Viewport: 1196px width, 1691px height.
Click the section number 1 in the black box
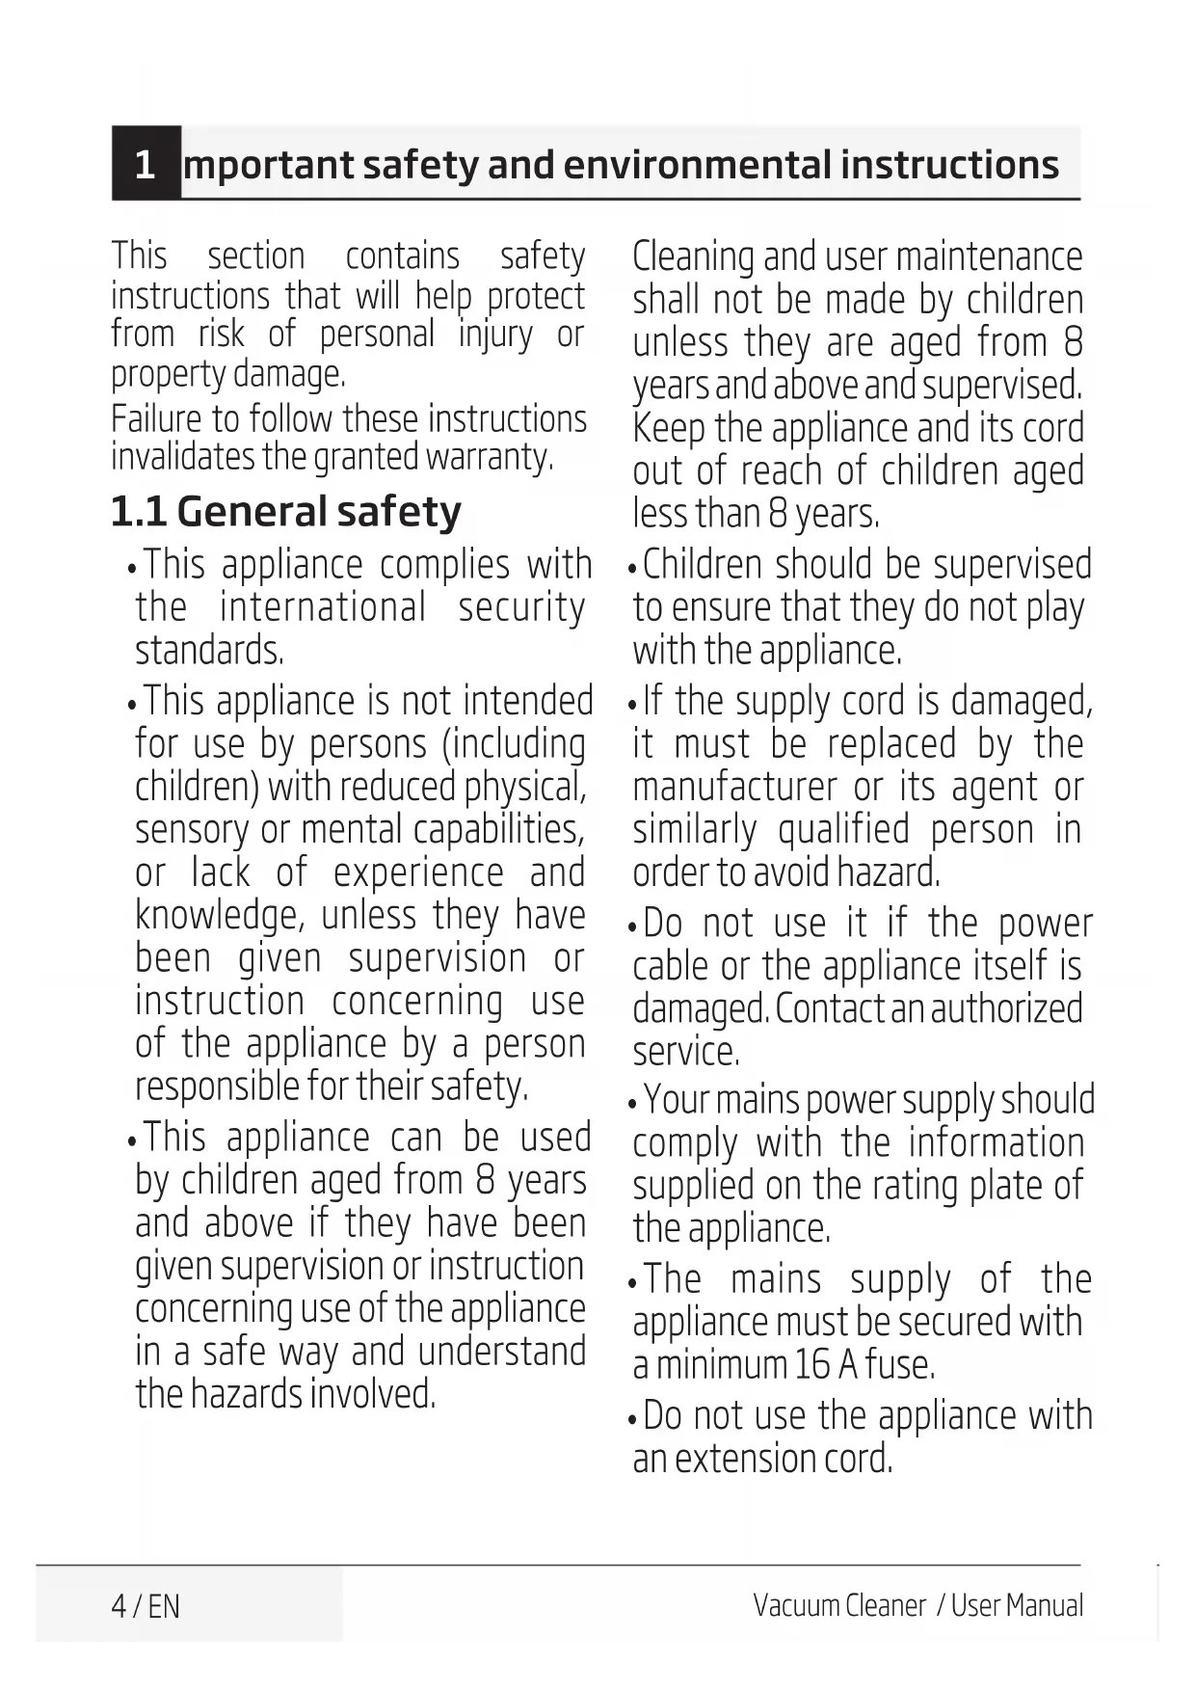pos(145,165)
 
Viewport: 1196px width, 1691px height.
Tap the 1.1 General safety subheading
pos(286,512)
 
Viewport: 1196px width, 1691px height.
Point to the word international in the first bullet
pos(323,607)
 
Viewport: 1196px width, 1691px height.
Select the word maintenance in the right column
pos(989,256)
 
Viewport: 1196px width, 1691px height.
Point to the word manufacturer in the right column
pos(734,788)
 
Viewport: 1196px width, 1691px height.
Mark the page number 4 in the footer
pos(119,1606)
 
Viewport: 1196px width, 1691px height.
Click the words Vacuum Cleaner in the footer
pos(838,1606)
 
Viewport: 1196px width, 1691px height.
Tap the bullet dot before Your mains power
pos(632,1103)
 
